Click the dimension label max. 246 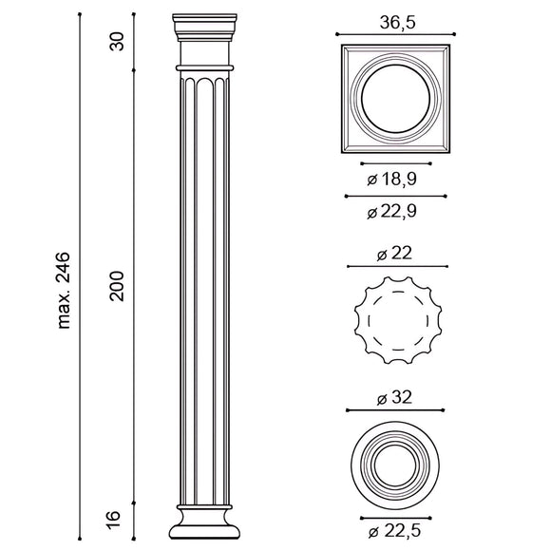point(66,291)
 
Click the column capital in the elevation point(203,38)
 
